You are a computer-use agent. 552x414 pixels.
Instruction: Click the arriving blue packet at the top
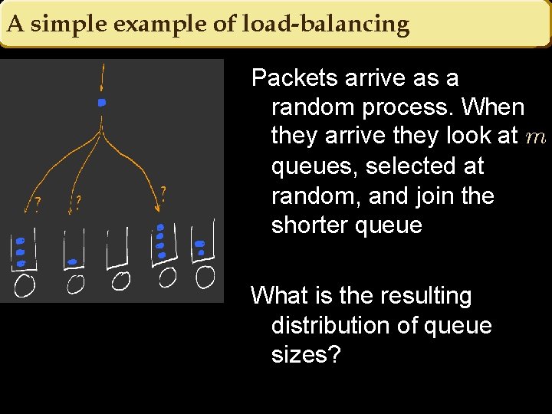[101, 102]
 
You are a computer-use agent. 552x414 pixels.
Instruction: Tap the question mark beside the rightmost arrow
[163, 192]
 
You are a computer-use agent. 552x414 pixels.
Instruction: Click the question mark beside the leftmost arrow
[38, 205]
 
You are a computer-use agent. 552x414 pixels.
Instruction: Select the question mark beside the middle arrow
[78, 202]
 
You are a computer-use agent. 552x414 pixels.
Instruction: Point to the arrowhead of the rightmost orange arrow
[158, 207]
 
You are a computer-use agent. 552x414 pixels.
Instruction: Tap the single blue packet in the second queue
[72, 262]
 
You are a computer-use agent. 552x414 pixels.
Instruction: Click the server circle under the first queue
[25, 286]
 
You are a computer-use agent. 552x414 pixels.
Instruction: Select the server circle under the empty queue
[120, 281]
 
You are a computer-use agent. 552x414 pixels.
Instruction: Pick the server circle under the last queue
[205, 277]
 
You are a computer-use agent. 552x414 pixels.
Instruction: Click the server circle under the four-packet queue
[167, 276]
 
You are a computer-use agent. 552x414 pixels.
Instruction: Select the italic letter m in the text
[536, 137]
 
